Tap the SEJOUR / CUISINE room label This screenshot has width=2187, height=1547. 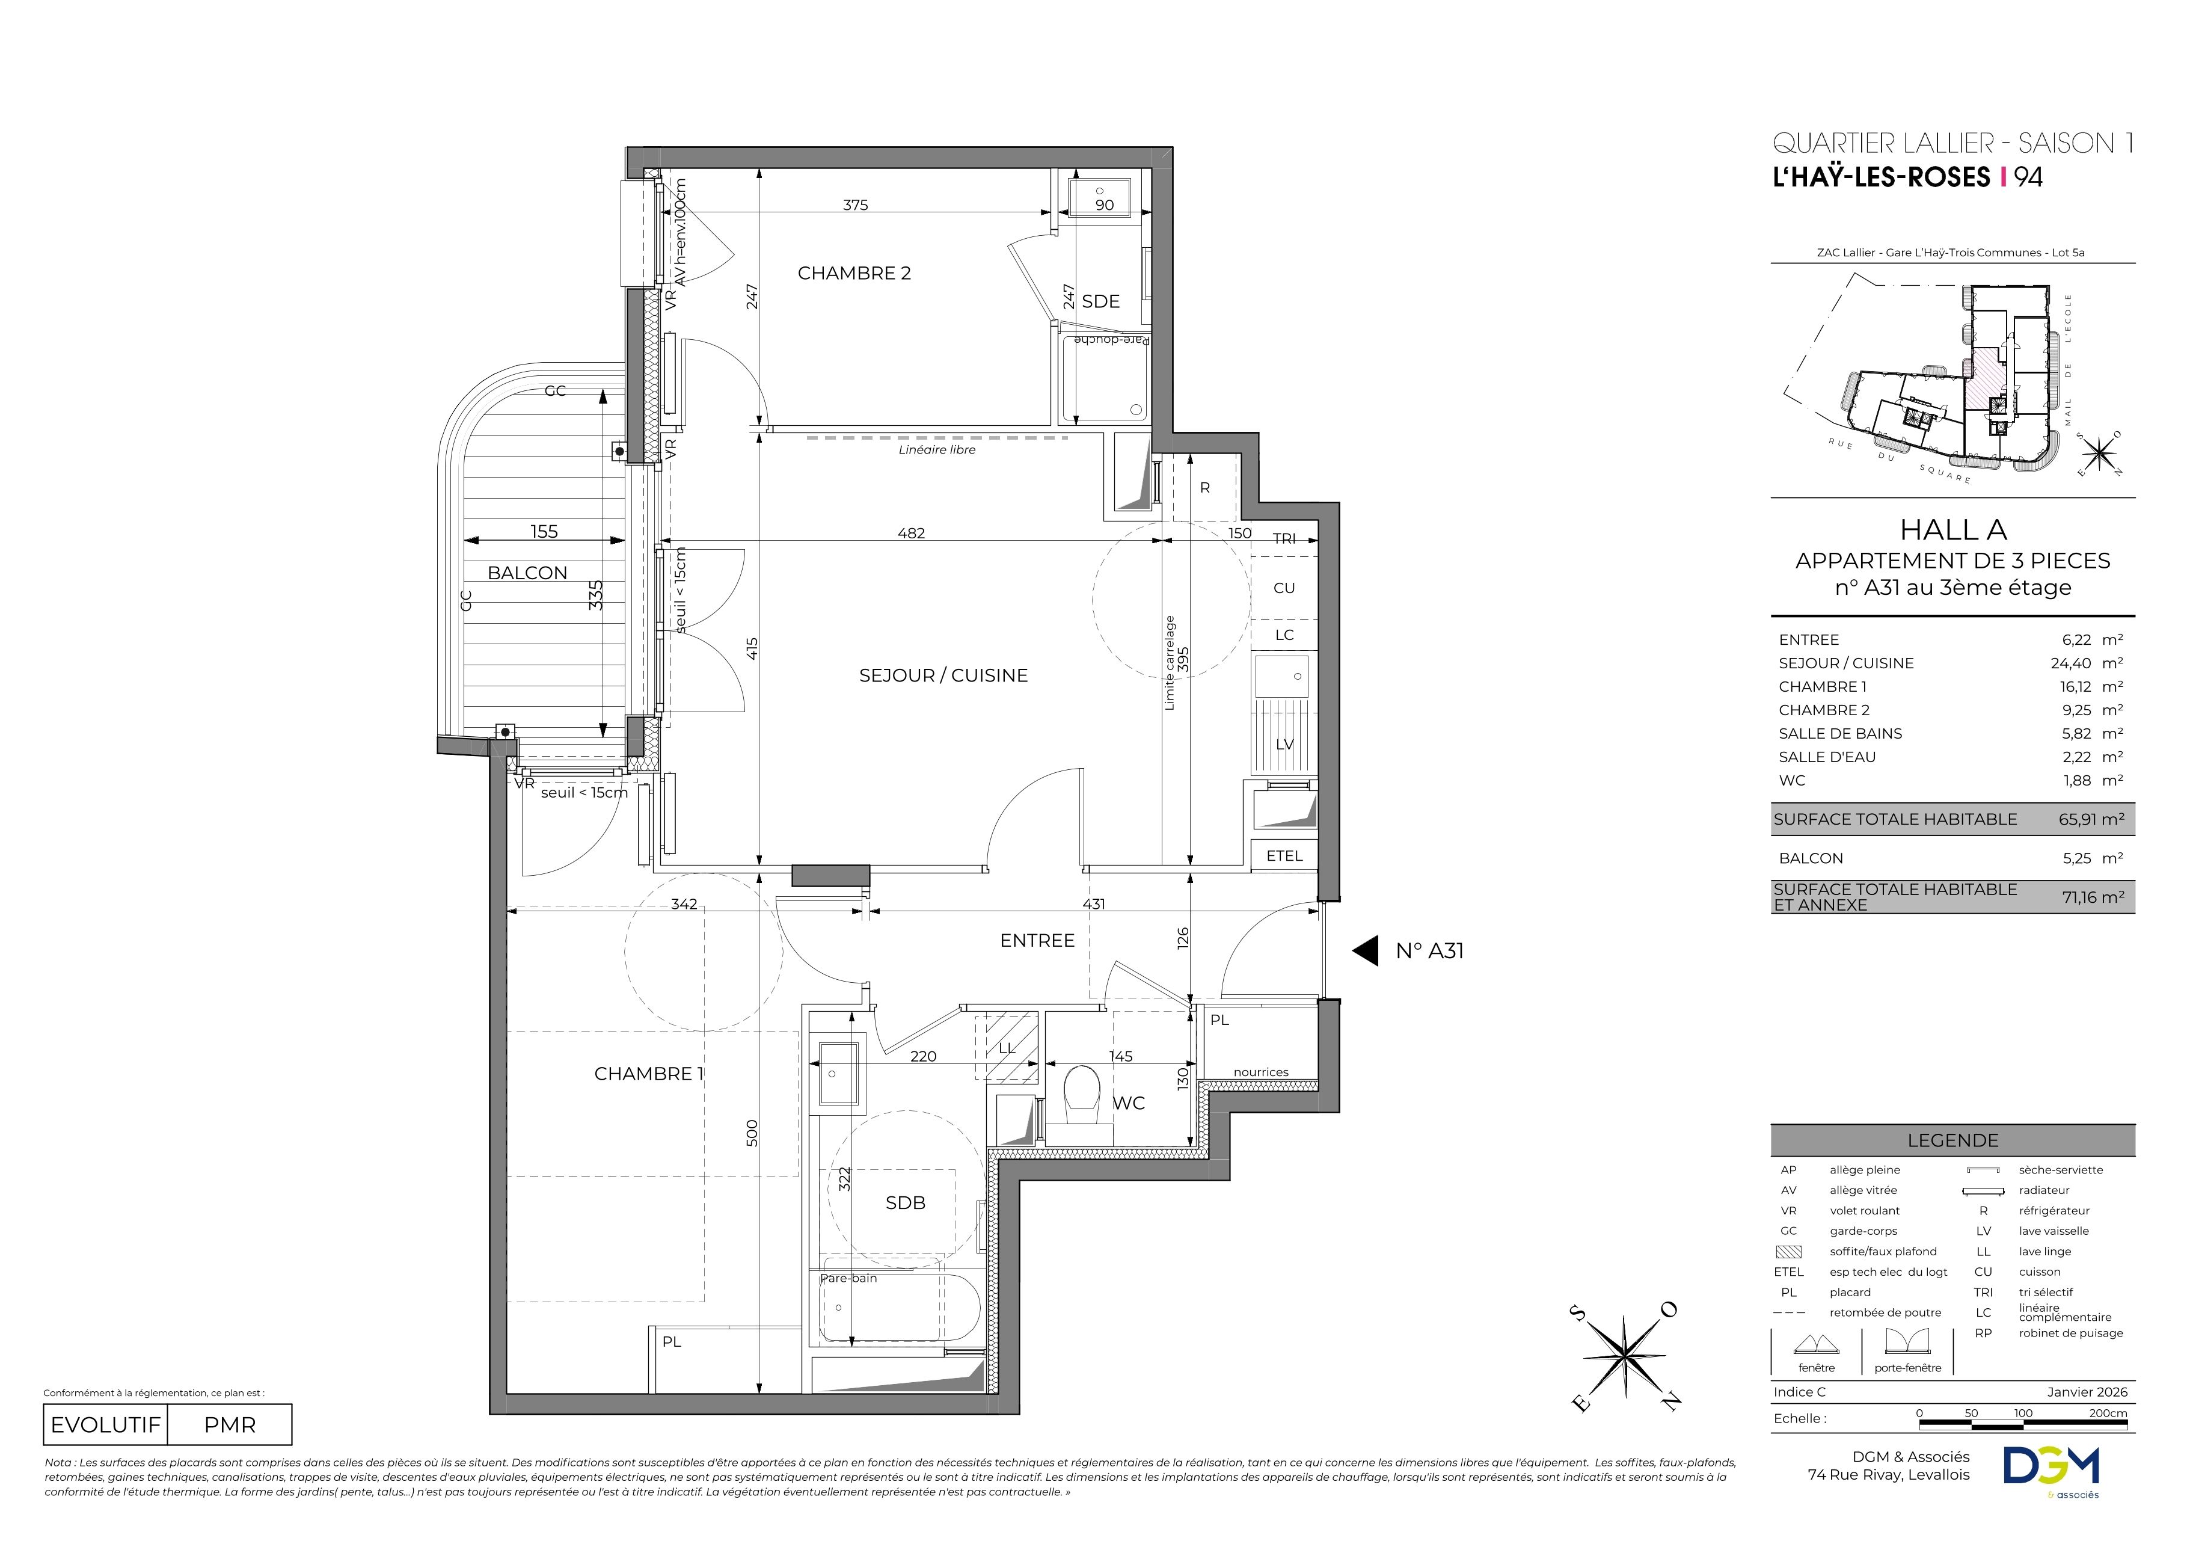pyautogui.click(x=943, y=675)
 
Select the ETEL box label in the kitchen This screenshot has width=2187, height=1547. pyautogui.click(x=1284, y=855)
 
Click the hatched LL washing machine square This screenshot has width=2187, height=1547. pyautogui.click(x=1007, y=1048)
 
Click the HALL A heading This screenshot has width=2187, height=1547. pyautogui.click(x=1952, y=530)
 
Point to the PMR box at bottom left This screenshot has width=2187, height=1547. pyautogui.click(x=230, y=1425)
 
